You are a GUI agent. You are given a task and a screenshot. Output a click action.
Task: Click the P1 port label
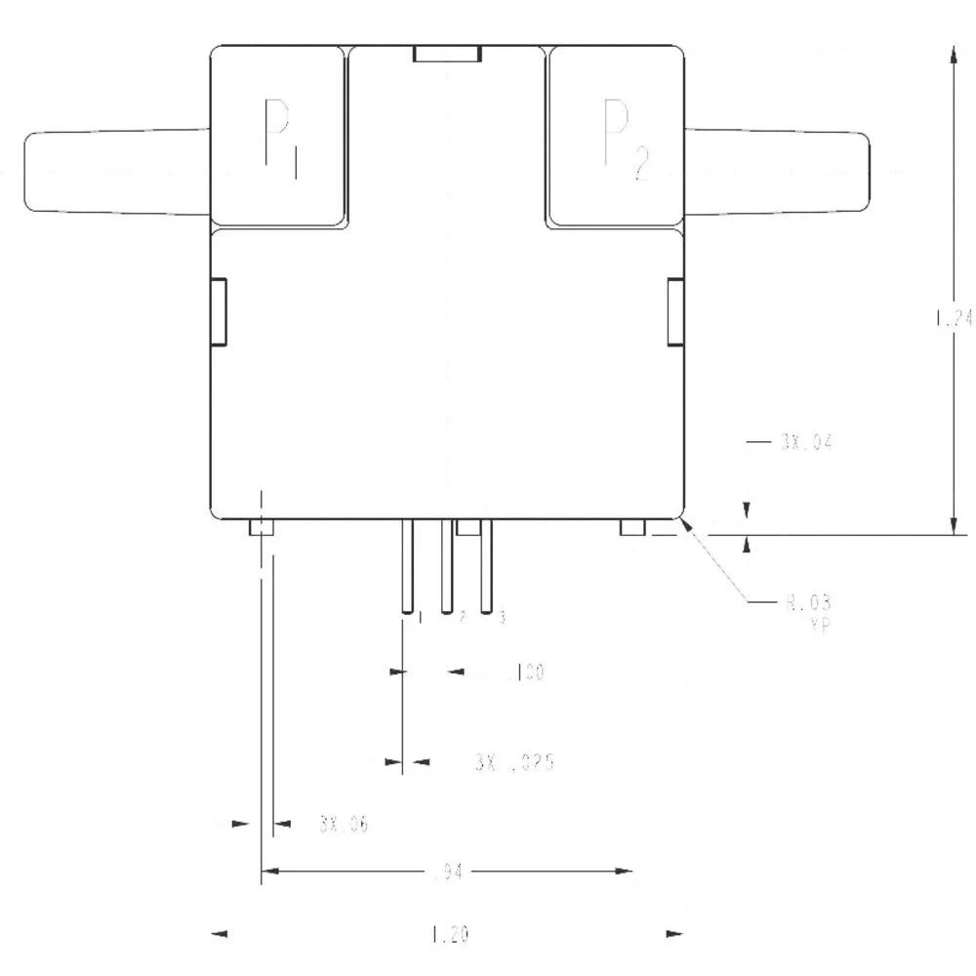277,138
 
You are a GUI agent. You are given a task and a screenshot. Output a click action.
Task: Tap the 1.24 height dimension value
953,318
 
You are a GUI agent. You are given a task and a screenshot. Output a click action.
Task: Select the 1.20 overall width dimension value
449,935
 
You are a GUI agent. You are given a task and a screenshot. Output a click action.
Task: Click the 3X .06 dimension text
343,825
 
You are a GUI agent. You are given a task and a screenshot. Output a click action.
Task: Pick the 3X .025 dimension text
514,762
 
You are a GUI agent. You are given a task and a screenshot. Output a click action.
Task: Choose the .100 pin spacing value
525,672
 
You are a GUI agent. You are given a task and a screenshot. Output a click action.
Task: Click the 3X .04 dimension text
805,442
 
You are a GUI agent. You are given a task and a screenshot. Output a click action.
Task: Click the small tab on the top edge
447,54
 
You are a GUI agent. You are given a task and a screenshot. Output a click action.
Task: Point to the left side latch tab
219,311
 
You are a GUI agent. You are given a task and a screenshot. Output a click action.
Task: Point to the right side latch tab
675,311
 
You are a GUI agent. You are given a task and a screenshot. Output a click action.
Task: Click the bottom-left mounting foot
262,528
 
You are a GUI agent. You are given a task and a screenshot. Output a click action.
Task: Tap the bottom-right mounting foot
632,528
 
